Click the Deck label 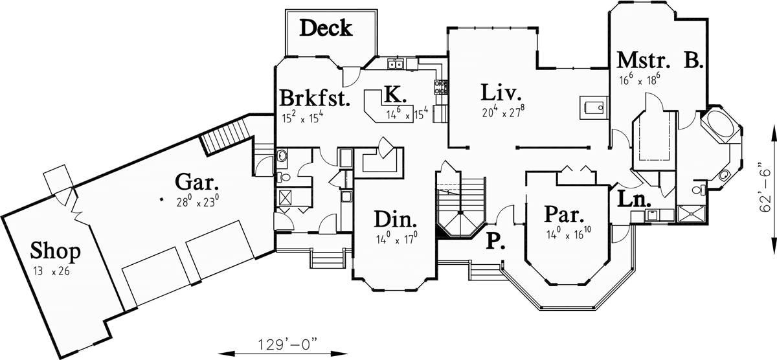[326, 28]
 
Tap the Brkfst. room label [315, 98]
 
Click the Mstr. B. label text [659, 60]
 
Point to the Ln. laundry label [633, 199]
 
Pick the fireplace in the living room [592, 106]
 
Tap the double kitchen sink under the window [397, 63]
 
